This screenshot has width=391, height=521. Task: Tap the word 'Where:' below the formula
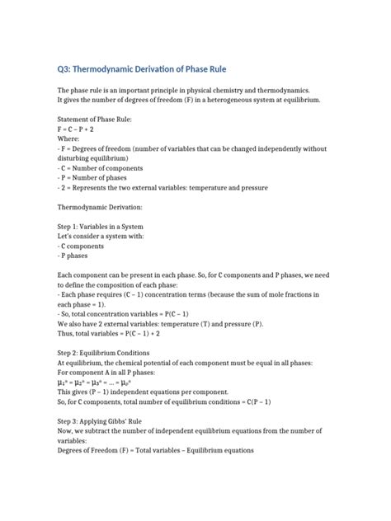pyautogui.click(x=70, y=139)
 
